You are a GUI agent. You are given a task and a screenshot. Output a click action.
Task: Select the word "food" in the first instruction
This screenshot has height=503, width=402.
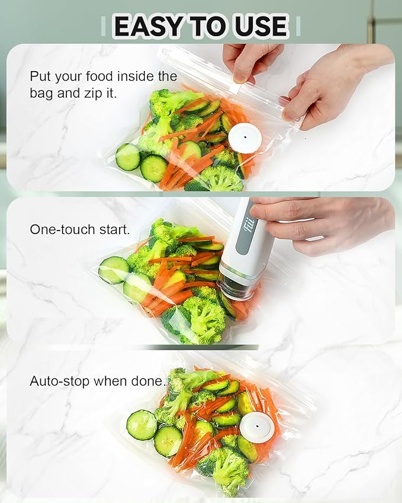[107, 76]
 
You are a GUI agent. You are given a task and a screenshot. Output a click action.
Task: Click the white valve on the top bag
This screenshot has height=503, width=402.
[245, 138]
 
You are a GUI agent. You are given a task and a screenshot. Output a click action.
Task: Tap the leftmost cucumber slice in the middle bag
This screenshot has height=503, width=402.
[113, 270]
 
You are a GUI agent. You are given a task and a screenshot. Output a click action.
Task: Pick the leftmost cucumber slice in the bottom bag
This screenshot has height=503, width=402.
[141, 425]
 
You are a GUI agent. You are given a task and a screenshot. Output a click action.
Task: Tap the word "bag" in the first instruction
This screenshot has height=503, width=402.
[41, 93]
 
